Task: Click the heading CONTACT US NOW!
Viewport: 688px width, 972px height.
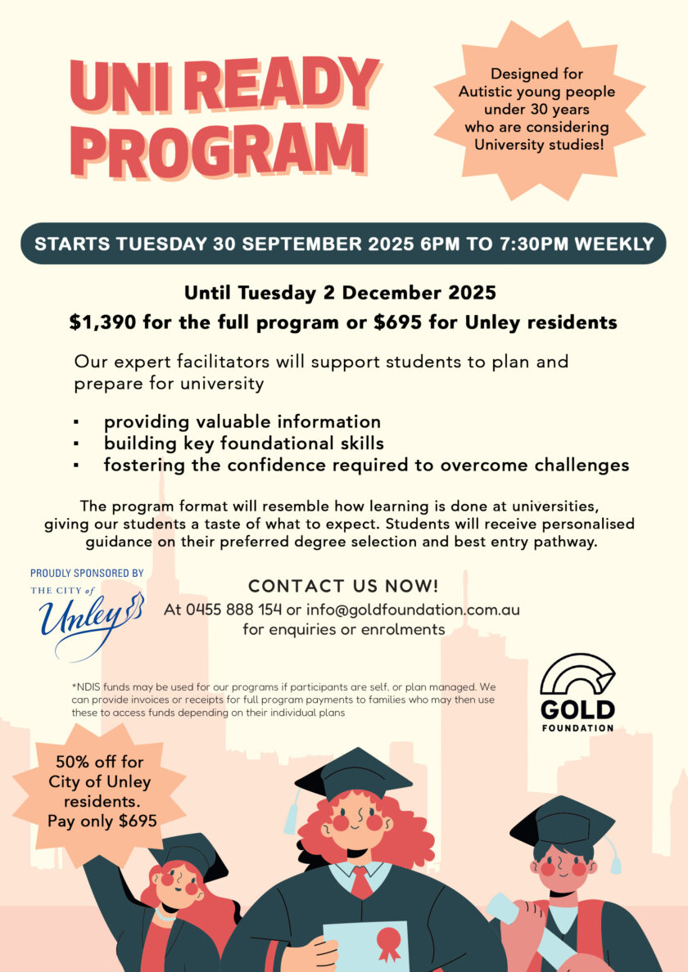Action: (343, 586)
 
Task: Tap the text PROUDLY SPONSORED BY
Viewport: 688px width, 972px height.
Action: (87, 574)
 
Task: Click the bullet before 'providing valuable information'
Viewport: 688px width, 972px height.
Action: (76, 422)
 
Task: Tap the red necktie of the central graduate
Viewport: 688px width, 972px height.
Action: (360, 882)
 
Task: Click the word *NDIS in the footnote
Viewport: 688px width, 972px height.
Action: (88, 686)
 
